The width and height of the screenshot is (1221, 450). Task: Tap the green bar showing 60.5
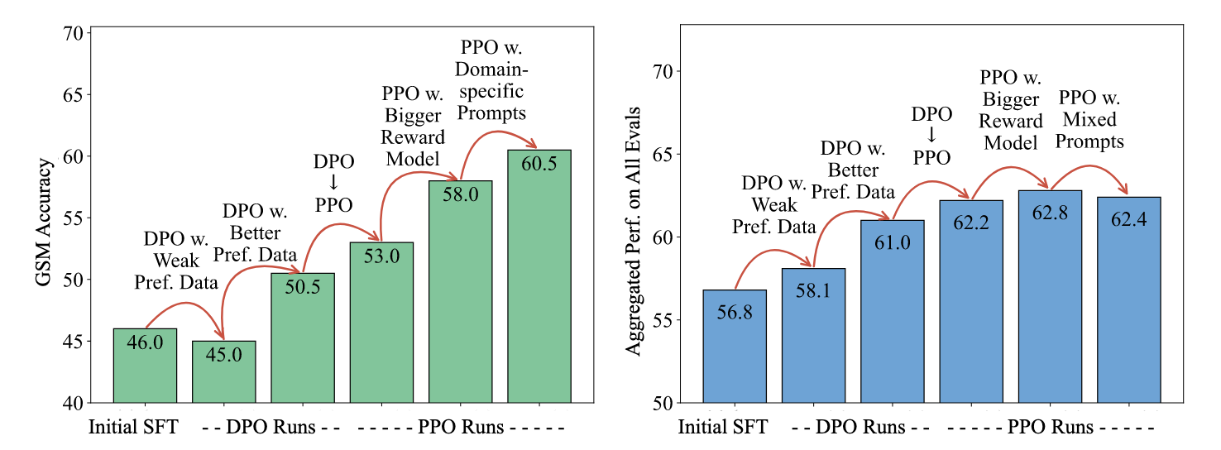[539, 281]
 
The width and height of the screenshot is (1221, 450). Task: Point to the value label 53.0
[381, 256]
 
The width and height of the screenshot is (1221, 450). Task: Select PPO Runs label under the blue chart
[1050, 428]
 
